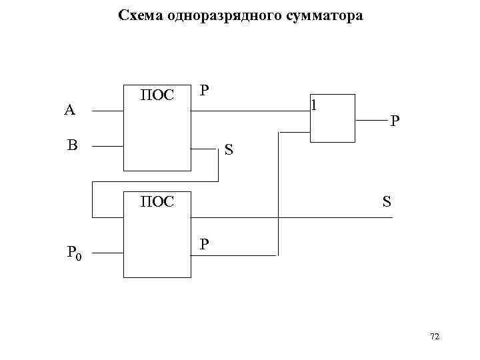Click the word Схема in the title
(139, 15)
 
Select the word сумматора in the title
(327, 15)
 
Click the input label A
(69, 111)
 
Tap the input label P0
(74, 253)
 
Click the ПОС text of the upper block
(157, 95)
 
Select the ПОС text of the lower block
(157, 201)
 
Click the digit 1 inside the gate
(315, 105)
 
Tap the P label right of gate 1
(395, 121)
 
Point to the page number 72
(435, 337)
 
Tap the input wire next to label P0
(107, 253)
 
